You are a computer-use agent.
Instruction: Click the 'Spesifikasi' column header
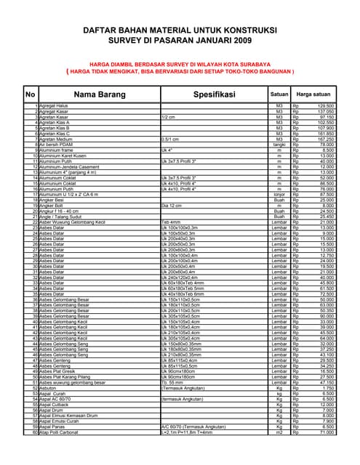[x=213, y=94]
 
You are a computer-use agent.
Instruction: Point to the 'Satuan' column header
[x=279, y=94]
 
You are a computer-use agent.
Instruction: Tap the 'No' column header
[x=30, y=94]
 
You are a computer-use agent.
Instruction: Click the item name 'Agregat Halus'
[x=54, y=106]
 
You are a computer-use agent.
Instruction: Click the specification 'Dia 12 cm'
[x=175, y=206]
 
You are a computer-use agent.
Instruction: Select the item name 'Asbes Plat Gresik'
[x=60, y=371]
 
